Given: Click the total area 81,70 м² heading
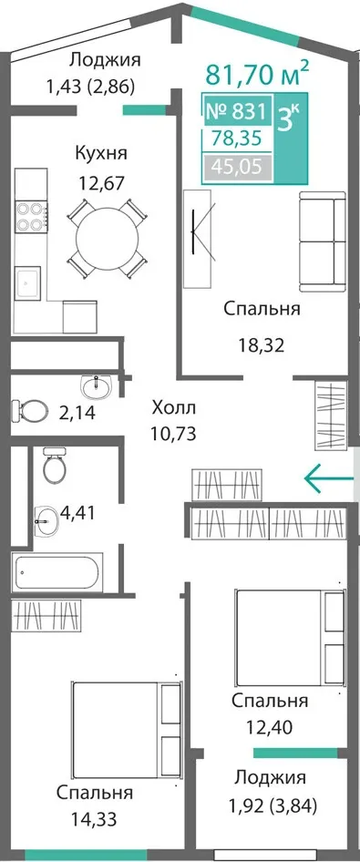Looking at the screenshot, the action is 257,75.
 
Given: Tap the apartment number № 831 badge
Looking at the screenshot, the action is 237,113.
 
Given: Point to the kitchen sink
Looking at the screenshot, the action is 28,282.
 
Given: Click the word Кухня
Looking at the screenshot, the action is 101,153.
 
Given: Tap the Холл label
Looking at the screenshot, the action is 174,408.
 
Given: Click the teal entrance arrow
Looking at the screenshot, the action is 329,478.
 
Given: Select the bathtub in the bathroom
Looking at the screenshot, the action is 57,572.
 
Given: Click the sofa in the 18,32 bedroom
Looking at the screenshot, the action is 322,241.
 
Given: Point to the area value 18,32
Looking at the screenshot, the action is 261,346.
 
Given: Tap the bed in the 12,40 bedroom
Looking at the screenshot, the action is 291,637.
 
